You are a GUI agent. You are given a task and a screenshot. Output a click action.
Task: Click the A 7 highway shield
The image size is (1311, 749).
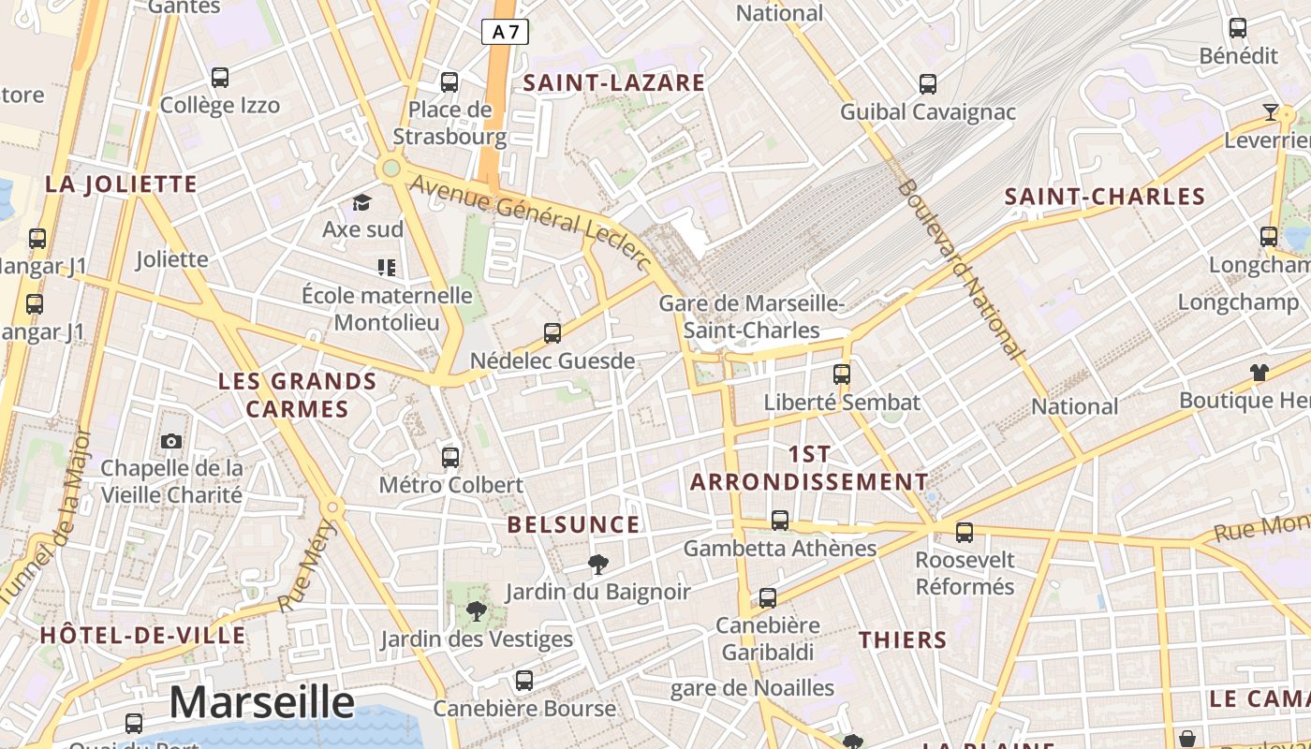click(506, 32)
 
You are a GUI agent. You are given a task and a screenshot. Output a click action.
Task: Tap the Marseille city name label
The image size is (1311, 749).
click(262, 702)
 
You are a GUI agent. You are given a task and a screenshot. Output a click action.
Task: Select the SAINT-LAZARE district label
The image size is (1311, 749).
click(613, 82)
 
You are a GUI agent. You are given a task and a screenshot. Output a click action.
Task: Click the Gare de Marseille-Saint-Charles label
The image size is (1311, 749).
click(752, 317)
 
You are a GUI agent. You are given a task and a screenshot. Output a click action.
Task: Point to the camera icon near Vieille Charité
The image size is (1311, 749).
click(171, 441)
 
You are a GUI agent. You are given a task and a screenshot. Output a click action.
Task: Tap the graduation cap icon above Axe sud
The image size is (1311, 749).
click(361, 202)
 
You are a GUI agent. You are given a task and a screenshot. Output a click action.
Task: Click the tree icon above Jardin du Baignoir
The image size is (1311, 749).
click(597, 564)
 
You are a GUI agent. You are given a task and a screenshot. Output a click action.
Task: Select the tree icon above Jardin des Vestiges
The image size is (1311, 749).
click(477, 612)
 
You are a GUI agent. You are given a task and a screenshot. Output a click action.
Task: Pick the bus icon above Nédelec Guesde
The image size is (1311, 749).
click(552, 332)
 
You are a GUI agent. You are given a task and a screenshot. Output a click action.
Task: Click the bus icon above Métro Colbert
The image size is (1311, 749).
click(450, 457)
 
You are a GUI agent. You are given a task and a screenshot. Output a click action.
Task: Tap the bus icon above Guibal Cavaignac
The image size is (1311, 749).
click(928, 84)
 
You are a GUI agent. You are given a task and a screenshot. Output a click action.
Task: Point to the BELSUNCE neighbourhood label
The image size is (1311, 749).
click(573, 524)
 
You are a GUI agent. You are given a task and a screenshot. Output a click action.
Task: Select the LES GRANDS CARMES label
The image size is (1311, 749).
click(297, 395)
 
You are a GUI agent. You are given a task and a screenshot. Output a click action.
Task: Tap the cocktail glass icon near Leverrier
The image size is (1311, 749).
click(1271, 113)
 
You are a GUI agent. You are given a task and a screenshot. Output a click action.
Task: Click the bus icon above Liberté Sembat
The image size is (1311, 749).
click(842, 374)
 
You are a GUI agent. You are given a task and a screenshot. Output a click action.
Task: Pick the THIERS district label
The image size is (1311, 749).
click(903, 640)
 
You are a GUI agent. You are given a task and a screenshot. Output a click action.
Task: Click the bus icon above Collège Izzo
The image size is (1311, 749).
click(220, 77)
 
